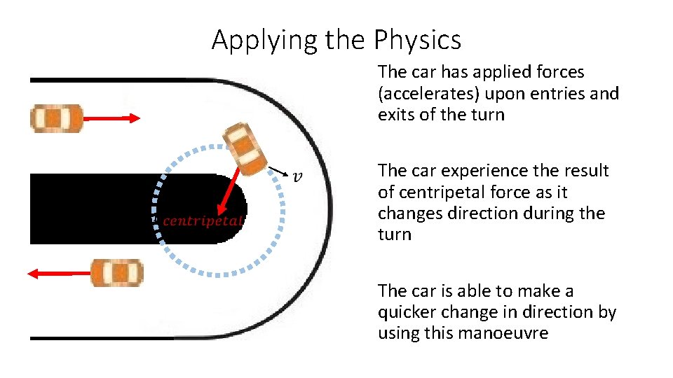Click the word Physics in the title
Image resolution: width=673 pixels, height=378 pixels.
[x=418, y=41]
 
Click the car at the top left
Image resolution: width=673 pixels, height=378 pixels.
[x=57, y=118]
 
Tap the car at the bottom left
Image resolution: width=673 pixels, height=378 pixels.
[x=117, y=273]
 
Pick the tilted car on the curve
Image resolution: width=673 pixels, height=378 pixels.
[x=243, y=148]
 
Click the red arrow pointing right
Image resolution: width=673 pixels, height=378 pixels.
[x=112, y=118]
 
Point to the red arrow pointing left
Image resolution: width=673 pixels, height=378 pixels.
[x=60, y=273]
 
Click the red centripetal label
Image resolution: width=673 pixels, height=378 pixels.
[x=203, y=221]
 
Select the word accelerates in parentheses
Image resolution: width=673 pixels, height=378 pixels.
[x=425, y=93]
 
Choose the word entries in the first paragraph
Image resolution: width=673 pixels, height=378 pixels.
[x=562, y=93]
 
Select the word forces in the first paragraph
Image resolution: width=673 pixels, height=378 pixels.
[x=558, y=72]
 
